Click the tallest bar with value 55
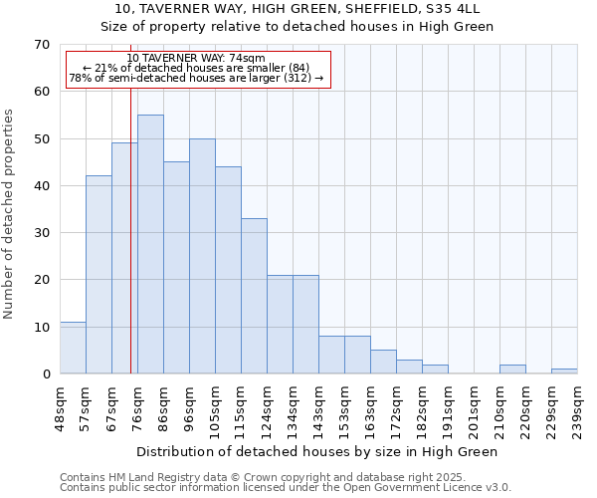(x=150, y=244)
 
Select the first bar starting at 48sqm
(x=73, y=348)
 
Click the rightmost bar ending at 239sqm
(x=564, y=372)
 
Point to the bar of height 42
(x=99, y=275)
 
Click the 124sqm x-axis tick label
(x=268, y=408)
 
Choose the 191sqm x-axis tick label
(x=449, y=408)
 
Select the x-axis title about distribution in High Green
(x=316, y=451)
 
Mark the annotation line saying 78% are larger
(x=196, y=78)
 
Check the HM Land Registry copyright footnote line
(x=262, y=477)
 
